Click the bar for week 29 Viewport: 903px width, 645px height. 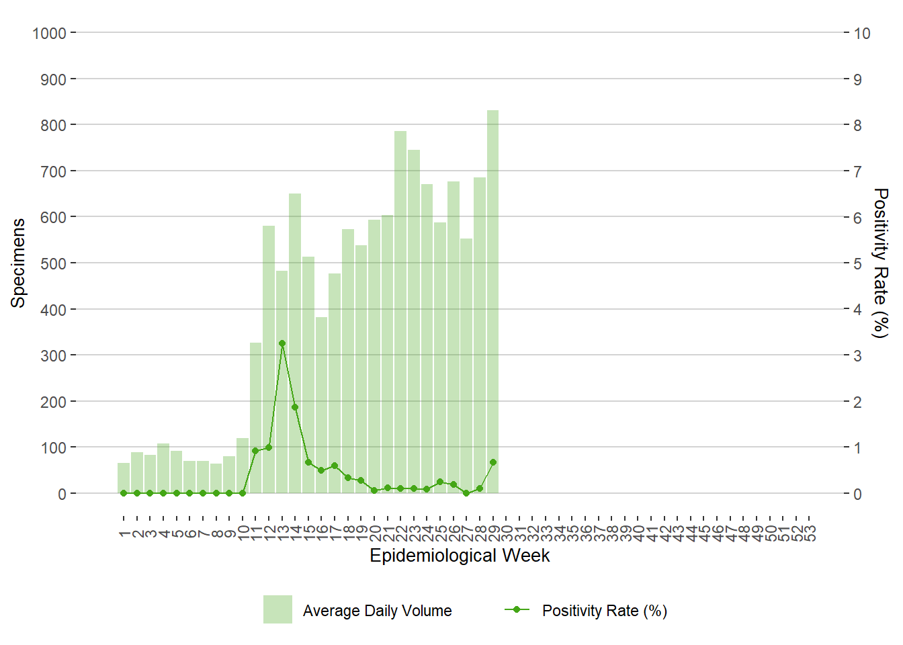pos(492,302)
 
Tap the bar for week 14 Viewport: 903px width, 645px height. pos(295,343)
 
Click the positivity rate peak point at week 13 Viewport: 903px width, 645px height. pos(282,343)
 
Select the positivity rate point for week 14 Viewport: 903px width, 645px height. pos(295,407)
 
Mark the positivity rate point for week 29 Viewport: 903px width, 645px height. pos(493,462)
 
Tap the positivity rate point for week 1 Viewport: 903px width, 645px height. pos(124,493)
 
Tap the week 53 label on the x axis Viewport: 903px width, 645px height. pos(811,533)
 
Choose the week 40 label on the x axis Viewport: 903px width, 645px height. pos(639,533)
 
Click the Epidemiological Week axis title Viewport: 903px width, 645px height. pos(460,556)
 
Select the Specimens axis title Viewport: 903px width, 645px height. pos(18,263)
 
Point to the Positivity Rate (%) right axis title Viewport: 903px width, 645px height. pos(880,263)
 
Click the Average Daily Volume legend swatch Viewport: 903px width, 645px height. pos(277,609)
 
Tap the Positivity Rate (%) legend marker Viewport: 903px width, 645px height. pos(517,609)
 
